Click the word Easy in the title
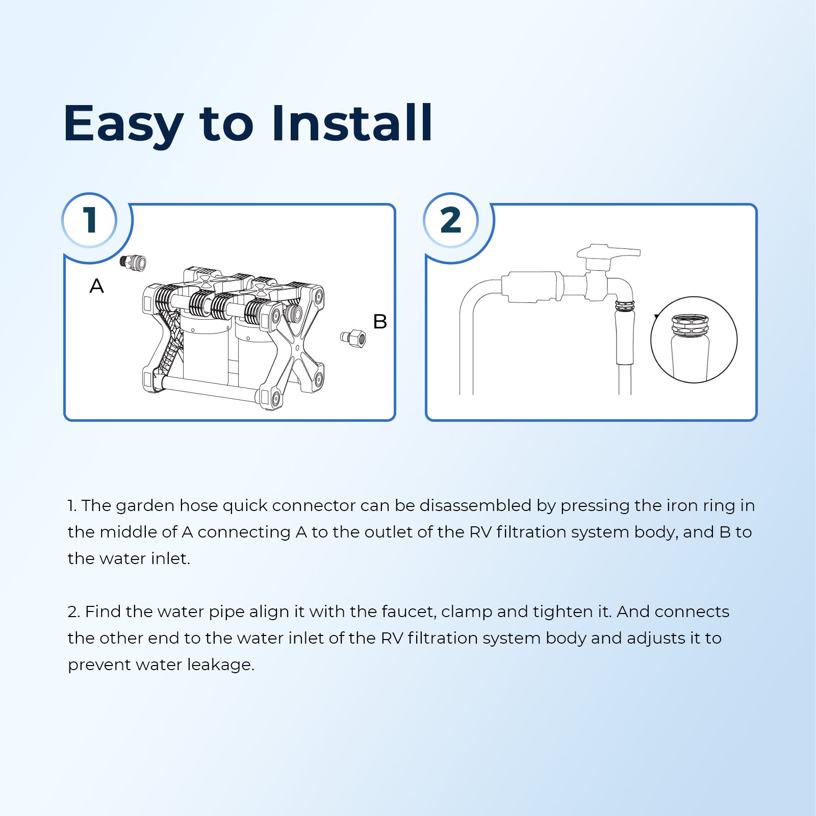[123, 124]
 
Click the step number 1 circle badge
[90, 220]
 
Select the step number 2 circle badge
[451, 220]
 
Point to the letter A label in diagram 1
[96, 286]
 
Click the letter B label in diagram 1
[380, 322]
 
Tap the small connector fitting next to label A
[133, 262]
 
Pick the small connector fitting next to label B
[353, 338]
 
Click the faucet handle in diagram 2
[608, 252]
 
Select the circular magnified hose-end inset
[694, 340]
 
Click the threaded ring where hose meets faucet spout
[625, 307]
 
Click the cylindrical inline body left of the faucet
[532, 287]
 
